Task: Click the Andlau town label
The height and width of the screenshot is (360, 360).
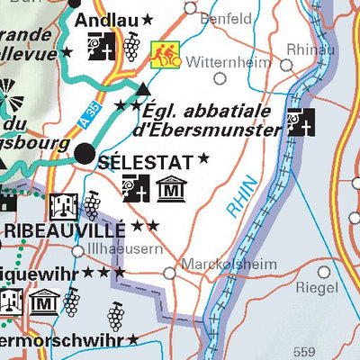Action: tap(105, 19)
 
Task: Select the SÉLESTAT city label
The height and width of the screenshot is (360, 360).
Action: tap(145, 162)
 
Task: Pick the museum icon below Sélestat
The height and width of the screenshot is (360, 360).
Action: tap(169, 190)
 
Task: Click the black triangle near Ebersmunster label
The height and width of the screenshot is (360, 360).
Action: tap(143, 87)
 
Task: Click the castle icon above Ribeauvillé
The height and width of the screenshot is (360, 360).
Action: tap(62, 205)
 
